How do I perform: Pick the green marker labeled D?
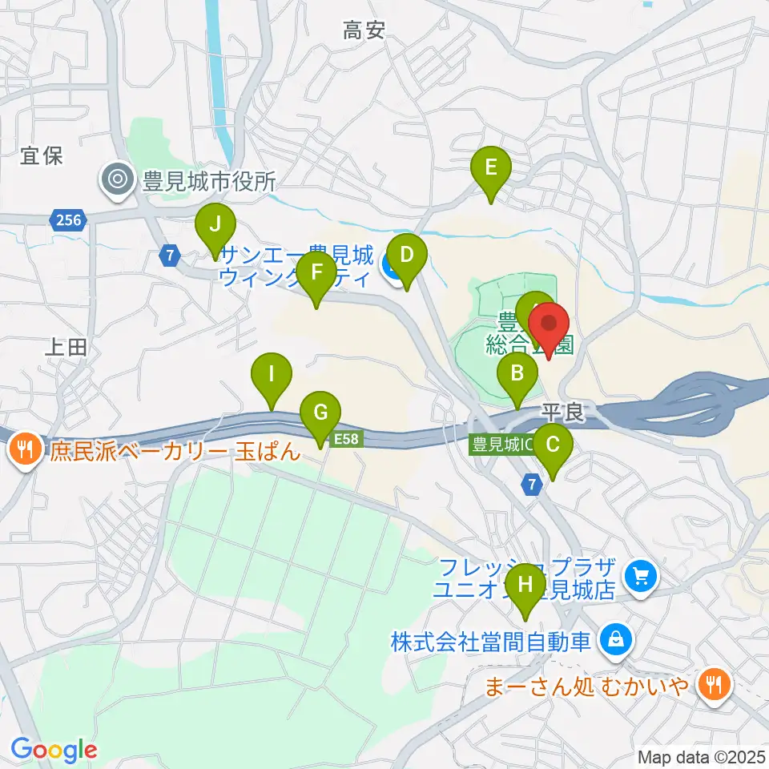pos(407,256)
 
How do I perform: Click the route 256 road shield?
pos(69,219)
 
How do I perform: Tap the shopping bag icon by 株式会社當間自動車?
pos(615,640)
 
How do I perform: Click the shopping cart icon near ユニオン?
pos(640,576)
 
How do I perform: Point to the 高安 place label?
pos(364,31)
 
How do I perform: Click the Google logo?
pos(54,751)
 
